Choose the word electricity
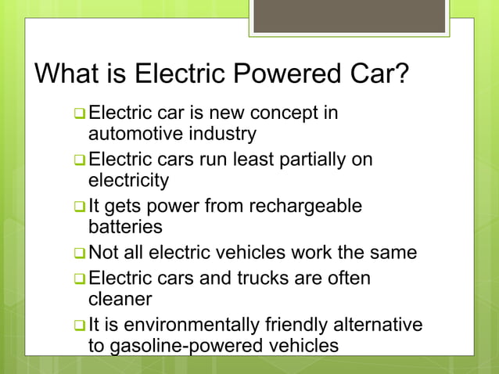(128, 181)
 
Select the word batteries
(126, 228)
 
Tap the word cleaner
(120, 299)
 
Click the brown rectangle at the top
(349, 16)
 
